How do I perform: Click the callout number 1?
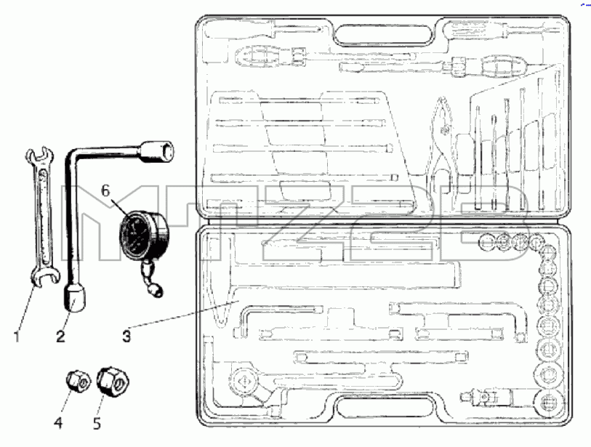point(16,336)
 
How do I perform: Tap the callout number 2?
point(60,336)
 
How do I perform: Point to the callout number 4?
point(58,422)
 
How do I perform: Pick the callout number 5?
point(97,423)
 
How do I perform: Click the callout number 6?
point(105,190)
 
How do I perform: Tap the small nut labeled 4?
point(78,382)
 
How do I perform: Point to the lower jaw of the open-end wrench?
point(45,275)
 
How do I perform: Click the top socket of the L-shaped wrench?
point(158,152)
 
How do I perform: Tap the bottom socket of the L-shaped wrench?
point(75,297)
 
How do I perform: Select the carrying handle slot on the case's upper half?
point(383,35)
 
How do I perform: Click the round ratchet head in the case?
point(244,382)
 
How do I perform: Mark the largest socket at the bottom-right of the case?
point(548,403)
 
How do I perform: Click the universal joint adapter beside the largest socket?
point(486,397)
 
